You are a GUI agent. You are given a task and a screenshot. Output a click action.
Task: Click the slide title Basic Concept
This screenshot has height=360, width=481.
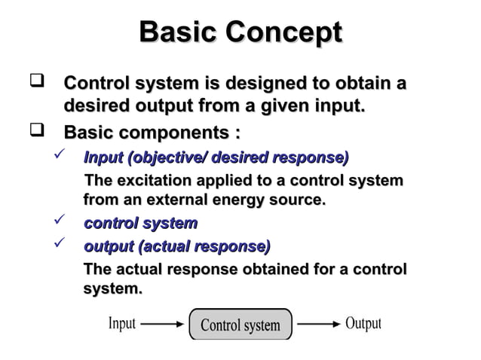pyautogui.click(x=240, y=32)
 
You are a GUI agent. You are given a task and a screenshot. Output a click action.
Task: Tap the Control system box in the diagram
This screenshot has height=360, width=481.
pyautogui.click(x=240, y=325)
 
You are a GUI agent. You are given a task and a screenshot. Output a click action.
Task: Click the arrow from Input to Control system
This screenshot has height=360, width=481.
pyautogui.click(x=162, y=325)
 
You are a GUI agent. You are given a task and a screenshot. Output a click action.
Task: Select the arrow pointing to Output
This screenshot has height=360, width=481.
pyautogui.click(x=317, y=325)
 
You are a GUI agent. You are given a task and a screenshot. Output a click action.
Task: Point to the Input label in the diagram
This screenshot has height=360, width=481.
pyautogui.click(x=122, y=324)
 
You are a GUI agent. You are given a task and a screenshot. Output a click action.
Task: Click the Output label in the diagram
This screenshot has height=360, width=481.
pyautogui.click(x=363, y=324)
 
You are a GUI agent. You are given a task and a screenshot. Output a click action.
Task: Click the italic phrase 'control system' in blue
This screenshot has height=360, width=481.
pyautogui.click(x=140, y=224)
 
